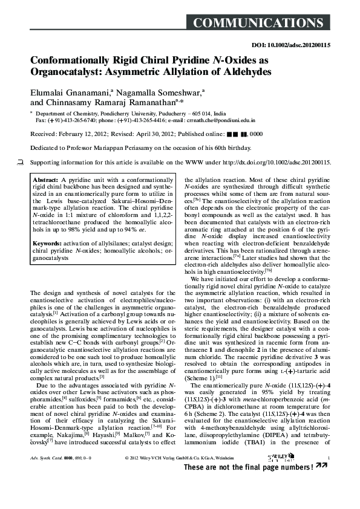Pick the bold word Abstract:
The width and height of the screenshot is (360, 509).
tap(46, 180)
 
